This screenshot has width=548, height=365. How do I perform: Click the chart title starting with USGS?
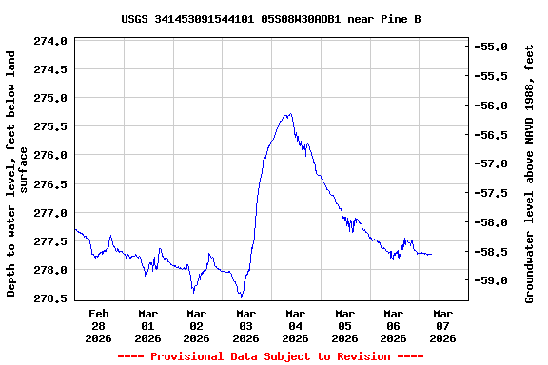tap(271, 19)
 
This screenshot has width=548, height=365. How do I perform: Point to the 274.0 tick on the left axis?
tap(50, 41)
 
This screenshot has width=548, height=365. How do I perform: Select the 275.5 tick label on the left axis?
tap(50, 126)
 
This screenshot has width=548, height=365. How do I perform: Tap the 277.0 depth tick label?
tap(50, 213)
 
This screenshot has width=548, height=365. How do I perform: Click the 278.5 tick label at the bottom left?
tap(50, 298)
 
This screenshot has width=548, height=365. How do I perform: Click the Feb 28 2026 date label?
tap(99, 325)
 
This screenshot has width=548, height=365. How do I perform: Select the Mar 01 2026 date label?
tap(147, 325)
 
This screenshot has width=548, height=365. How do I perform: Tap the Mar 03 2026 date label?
tap(246, 325)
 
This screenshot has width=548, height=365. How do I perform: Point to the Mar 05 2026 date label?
tap(344, 325)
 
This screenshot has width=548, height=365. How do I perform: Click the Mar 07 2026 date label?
tap(442, 325)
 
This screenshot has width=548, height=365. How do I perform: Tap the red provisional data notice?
tap(270, 356)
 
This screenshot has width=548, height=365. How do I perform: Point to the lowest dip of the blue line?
tap(241, 297)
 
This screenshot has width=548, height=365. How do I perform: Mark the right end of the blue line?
tap(431, 254)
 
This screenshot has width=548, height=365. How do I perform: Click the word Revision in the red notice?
tap(359, 356)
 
